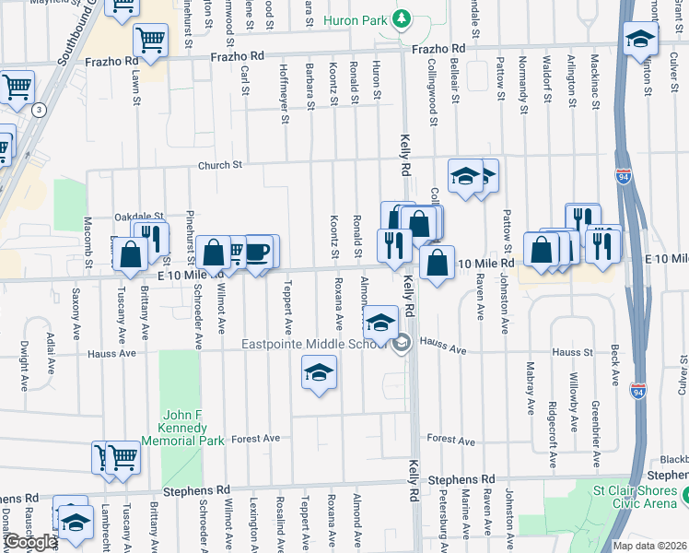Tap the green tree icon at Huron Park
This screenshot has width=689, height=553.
coord(401,18)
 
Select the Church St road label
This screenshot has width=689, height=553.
coord(217,165)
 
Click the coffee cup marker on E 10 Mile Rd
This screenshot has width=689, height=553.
coord(257,252)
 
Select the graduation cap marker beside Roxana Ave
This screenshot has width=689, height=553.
coord(319,372)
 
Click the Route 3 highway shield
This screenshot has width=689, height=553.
coord(39,110)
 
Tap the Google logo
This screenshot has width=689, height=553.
coord(30,541)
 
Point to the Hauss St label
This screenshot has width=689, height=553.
coord(572,352)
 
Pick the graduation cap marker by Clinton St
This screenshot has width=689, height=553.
coord(639,40)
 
